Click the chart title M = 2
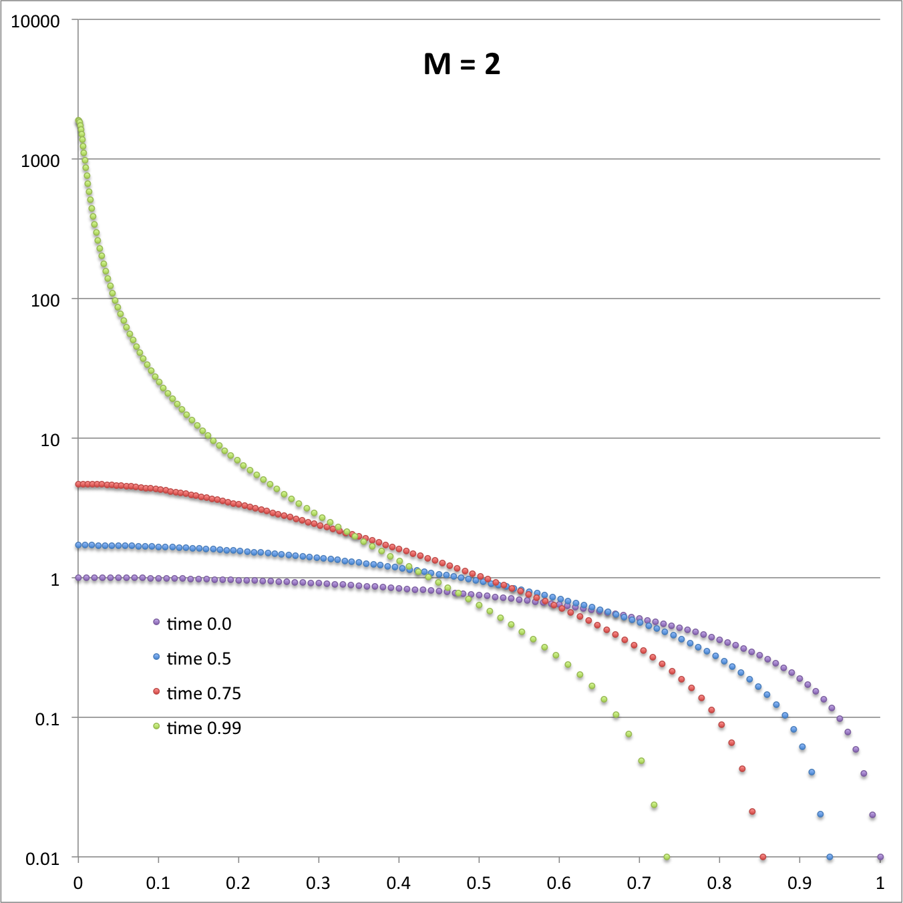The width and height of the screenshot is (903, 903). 462,64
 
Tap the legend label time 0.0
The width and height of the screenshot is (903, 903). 198,624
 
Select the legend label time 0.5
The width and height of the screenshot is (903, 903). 198,659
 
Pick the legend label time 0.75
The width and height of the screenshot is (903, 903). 203,693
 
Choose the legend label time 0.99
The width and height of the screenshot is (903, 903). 203,728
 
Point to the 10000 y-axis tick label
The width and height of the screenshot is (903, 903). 35,21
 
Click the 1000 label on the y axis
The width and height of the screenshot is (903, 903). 40,160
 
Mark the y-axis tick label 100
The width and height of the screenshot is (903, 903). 45,300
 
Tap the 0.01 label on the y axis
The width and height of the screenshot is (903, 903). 42,858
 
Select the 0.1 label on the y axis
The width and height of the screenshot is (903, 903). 47,719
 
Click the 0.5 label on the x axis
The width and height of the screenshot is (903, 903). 479,883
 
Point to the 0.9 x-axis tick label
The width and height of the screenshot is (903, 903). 799,883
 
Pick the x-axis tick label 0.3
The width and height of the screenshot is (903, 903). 319,883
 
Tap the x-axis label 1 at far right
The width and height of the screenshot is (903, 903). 880,883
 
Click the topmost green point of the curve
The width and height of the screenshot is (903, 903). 78,121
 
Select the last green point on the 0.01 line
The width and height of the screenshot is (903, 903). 667,857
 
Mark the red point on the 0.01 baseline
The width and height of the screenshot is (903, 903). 763,857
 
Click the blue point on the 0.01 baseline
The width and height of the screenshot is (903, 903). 830,857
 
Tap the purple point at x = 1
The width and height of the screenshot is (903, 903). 880,857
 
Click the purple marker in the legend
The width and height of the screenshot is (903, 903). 156,622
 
